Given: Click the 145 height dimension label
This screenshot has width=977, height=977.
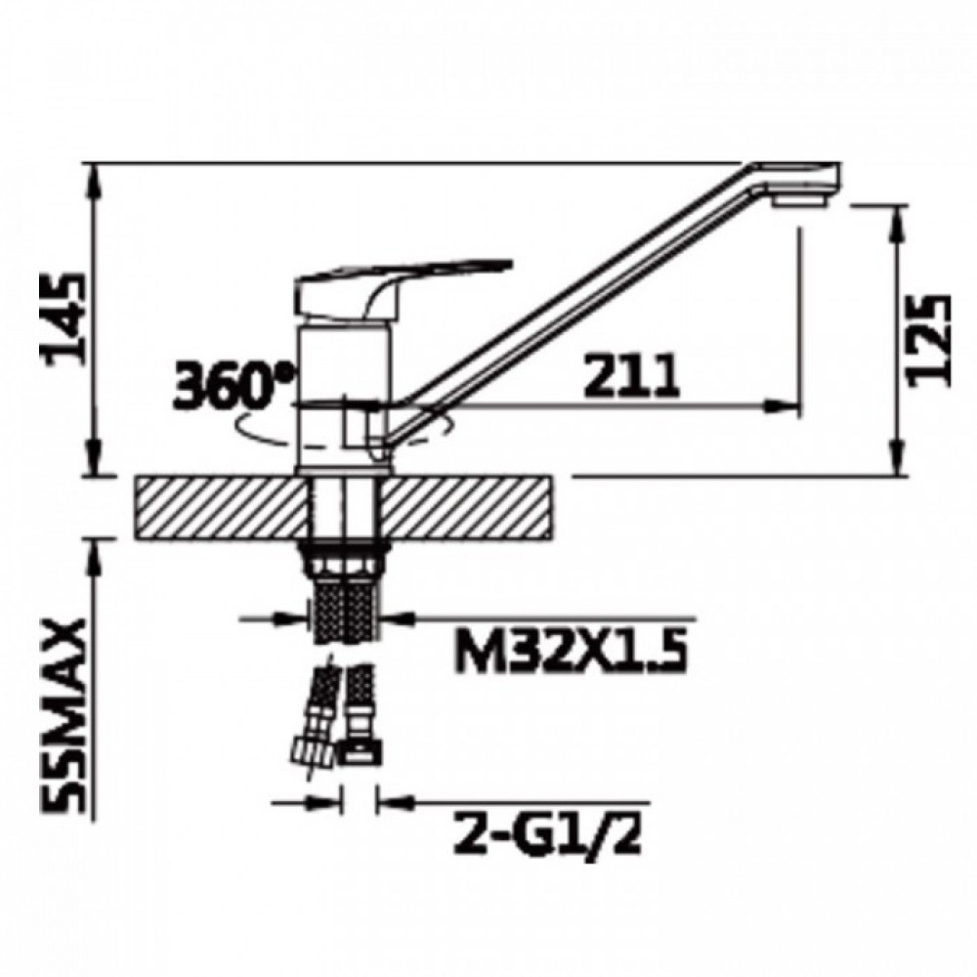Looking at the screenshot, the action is [62, 318].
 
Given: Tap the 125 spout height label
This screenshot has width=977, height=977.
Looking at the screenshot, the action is [930, 340].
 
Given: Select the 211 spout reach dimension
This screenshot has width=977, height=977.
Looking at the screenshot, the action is [631, 376].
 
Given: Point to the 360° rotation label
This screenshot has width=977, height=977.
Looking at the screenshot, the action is [232, 386].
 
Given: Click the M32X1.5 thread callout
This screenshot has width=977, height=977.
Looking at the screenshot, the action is [571, 651].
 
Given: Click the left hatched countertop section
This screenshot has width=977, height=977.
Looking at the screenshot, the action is [221, 507].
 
